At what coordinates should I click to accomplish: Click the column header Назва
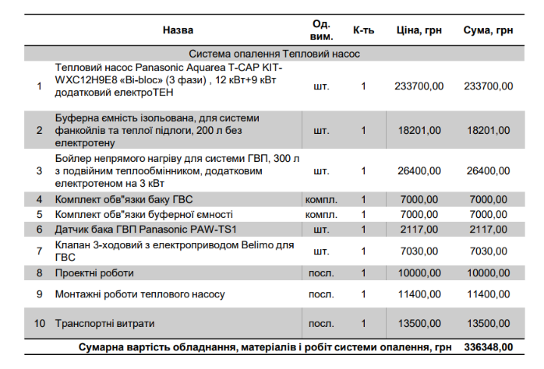click(178, 30)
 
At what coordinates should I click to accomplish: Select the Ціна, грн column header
click(419, 30)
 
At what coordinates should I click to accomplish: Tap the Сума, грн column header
click(488, 30)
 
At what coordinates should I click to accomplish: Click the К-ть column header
click(363, 30)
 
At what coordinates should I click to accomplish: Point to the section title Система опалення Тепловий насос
click(274, 54)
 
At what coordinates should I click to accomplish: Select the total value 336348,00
click(488, 346)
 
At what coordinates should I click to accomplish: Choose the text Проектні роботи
click(94, 273)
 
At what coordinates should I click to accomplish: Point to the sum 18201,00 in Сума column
click(488, 130)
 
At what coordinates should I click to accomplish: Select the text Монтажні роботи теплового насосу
click(140, 294)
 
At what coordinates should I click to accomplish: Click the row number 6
click(39, 229)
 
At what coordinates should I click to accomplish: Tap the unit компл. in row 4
click(321, 199)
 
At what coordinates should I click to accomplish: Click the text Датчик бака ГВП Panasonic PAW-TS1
click(145, 229)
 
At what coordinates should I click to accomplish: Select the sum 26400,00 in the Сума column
click(488, 170)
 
